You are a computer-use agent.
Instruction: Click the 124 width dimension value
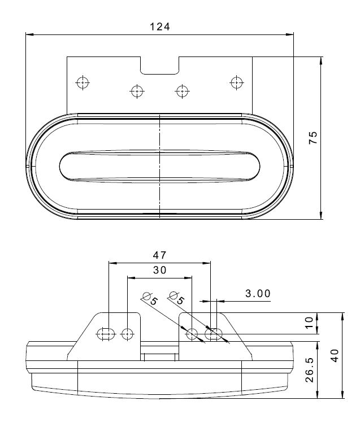[160, 27]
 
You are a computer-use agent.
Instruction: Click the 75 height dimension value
[313, 138]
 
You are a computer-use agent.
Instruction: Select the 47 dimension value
[159, 255]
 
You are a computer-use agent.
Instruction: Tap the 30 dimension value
[159, 270]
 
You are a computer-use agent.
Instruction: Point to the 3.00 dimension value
[258, 294]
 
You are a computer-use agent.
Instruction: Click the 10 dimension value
[309, 323]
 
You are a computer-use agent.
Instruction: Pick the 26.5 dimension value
[309, 369]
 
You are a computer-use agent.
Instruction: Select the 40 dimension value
[334, 356]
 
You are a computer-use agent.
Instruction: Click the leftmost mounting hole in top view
[83, 82]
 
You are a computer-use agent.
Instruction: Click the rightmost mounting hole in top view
[237, 82]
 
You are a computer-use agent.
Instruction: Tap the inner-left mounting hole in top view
[137, 92]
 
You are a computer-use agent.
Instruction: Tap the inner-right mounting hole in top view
[183, 91]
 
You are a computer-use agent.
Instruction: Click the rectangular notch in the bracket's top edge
[160, 66]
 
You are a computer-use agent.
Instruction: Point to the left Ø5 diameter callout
[150, 299]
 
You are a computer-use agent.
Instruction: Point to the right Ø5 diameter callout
[176, 298]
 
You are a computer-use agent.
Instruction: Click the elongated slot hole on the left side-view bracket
[106, 334]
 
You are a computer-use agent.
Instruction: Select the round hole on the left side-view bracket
[127, 334]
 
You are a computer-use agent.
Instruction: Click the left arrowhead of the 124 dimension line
[29, 34]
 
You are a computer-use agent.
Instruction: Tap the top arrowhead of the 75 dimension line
[321, 61]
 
